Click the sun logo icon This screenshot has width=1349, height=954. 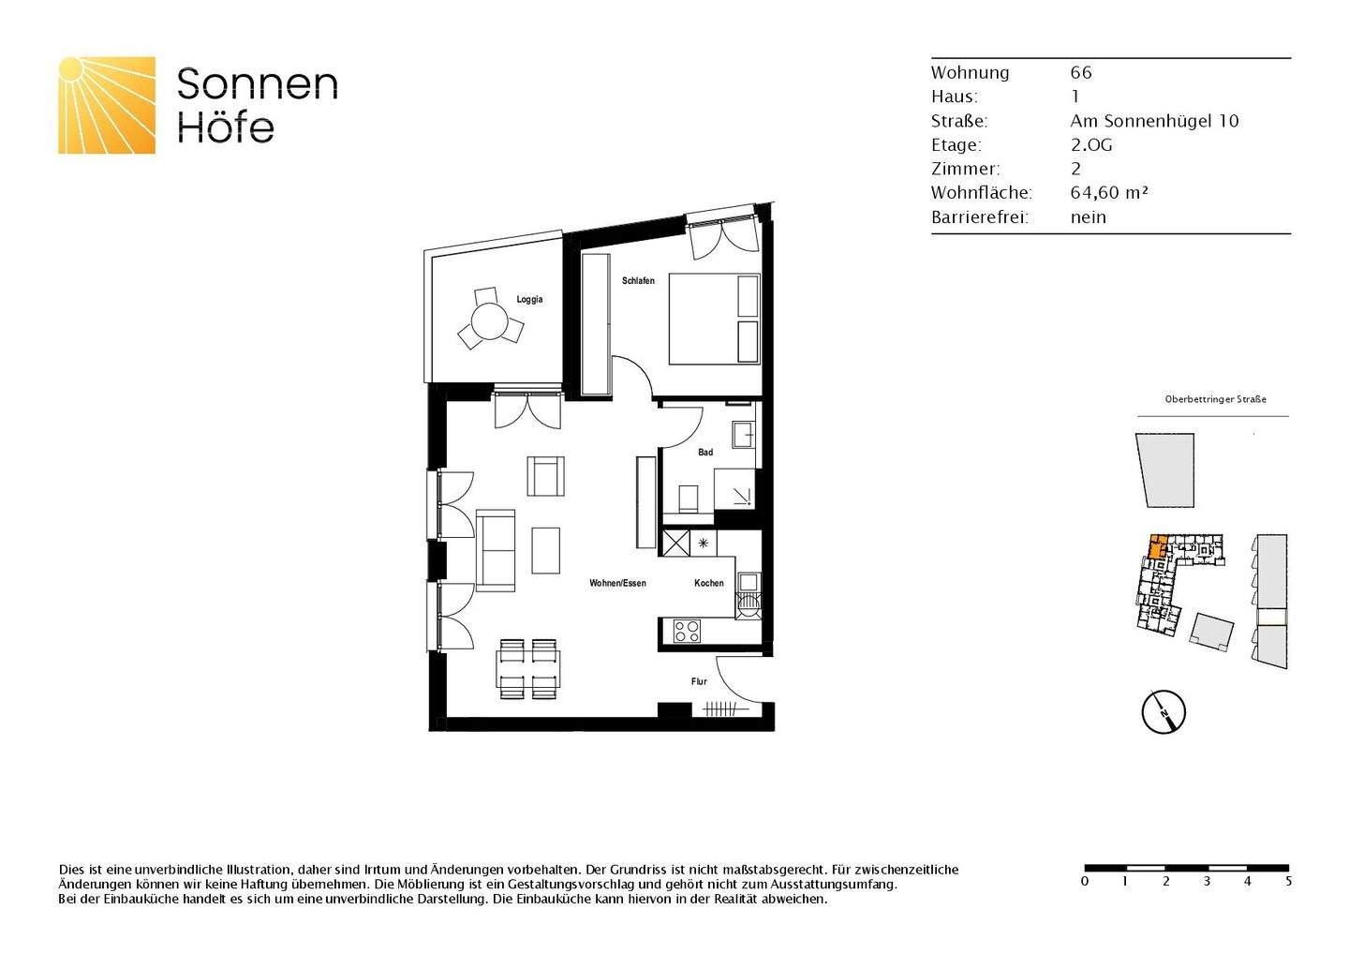pyautogui.click(x=107, y=105)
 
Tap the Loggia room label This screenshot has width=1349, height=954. pyautogui.click(x=529, y=300)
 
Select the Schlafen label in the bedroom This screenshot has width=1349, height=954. pyautogui.click(x=638, y=281)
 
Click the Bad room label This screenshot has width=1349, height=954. pyautogui.click(x=705, y=453)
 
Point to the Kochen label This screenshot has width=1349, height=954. pyautogui.click(x=708, y=583)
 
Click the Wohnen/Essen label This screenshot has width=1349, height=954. pyautogui.click(x=617, y=583)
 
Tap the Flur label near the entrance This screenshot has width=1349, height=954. pyautogui.click(x=699, y=681)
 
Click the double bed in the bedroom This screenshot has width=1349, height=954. pyautogui.click(x=713, y=319)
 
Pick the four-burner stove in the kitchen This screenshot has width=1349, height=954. pyautogui.click(x=687, y=632)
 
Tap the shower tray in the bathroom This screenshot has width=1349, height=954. pyautogui.click(x=734, y=488)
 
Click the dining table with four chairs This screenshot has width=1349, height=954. pyautogui.click(x=528, y=669)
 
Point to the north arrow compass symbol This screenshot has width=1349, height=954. pyautogui.click(x=1164, y=712)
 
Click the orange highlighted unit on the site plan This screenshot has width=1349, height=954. pyautogui.click(x=1158, y=545)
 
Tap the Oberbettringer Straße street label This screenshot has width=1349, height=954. pyautogui.click(x=1215, y=399)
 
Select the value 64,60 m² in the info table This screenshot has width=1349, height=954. pyautogui.click(x=1109, y=193)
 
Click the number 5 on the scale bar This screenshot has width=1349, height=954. pyautogui.click(x=1288, y=882)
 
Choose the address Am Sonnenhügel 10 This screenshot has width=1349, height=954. pyautogui.click(x=1154, y=121)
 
